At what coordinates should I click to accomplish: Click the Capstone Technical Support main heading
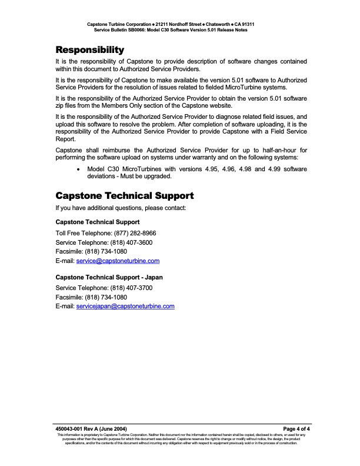[124, 195]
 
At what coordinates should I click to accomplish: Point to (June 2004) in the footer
[113, 428]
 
